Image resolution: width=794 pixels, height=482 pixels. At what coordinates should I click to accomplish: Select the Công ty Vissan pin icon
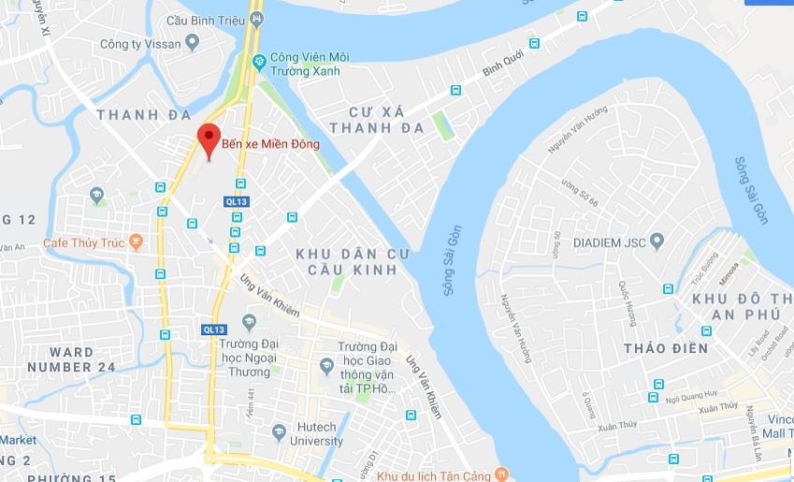193,42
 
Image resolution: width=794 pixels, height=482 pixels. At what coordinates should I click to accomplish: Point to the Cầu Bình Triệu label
203,20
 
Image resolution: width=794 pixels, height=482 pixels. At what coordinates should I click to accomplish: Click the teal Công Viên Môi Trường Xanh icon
260,62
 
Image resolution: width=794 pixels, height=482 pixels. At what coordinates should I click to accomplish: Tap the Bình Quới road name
499,63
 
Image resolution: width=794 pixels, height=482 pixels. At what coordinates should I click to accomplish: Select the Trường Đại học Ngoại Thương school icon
249,323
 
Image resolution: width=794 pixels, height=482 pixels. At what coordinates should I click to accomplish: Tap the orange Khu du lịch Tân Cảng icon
501,475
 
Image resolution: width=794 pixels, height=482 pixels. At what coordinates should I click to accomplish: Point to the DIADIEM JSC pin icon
657,242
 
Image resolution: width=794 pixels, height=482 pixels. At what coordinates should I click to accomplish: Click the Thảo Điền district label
665,348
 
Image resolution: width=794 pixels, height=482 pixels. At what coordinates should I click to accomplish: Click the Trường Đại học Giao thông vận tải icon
326,365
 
